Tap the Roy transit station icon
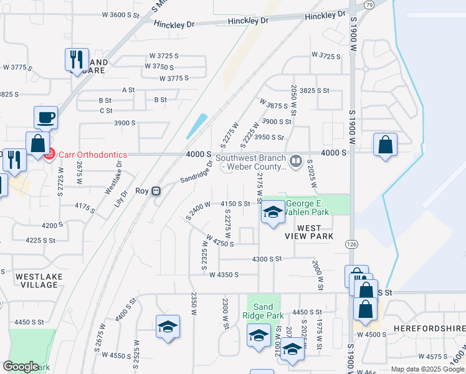pyautogui.click(x=158, y=191)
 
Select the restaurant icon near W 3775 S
pyautogui.click(x=75, y=60)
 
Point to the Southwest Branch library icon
pyautogui.click(x=297, y=160)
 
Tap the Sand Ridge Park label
pyautogui.click(x=263, y=310)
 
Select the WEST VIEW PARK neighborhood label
pyautogui.click(x=307, y=232)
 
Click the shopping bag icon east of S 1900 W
pyautogui.click(x=386, y=145)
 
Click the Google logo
pyautogui.click(x=20, y=367)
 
